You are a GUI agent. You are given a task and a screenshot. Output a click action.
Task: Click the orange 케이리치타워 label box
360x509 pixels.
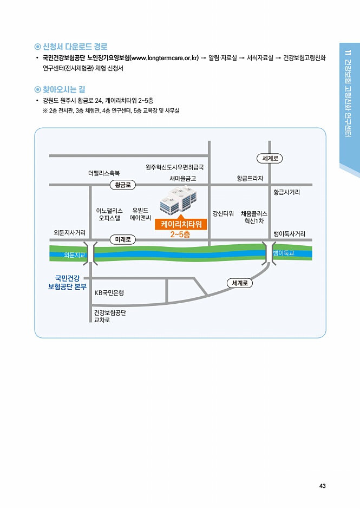(181, 224)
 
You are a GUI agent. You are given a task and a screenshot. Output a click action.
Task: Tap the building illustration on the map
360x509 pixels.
(179, 200)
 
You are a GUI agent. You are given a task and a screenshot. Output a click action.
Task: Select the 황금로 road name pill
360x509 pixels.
(123, 185)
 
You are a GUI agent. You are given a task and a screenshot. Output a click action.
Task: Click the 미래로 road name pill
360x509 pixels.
(123, 240)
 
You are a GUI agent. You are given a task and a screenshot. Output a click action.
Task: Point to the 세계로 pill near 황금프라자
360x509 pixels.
(270, 159)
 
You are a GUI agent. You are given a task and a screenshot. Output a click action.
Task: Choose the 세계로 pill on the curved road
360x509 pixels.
(240, 283)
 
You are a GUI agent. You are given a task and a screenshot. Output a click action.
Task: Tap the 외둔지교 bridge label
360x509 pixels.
(74, 255)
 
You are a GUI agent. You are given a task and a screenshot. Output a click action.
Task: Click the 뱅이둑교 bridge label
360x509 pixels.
(283, 253)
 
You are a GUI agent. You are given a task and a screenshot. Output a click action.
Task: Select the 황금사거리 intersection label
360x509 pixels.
(286, 192)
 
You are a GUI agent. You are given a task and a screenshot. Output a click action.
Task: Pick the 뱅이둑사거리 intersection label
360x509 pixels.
(289, 234)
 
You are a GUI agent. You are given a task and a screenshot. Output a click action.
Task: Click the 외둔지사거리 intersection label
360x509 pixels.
(70, 232)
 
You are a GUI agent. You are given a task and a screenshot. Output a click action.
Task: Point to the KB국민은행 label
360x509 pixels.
(109, 293)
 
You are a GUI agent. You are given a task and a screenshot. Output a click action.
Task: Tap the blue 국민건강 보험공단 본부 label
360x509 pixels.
(67, 283)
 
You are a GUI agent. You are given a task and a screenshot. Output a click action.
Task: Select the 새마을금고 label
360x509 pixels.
(183, 179)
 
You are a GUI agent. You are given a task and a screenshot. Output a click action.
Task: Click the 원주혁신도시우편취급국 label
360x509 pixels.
(175, 167)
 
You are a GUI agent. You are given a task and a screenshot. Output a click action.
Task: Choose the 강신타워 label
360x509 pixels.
(223, 213)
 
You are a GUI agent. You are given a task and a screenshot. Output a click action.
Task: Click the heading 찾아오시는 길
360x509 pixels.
(64, 89)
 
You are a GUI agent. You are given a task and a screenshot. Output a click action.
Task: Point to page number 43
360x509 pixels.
(322, 486)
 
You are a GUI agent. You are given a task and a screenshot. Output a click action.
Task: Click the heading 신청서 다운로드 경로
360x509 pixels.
(75, 47)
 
